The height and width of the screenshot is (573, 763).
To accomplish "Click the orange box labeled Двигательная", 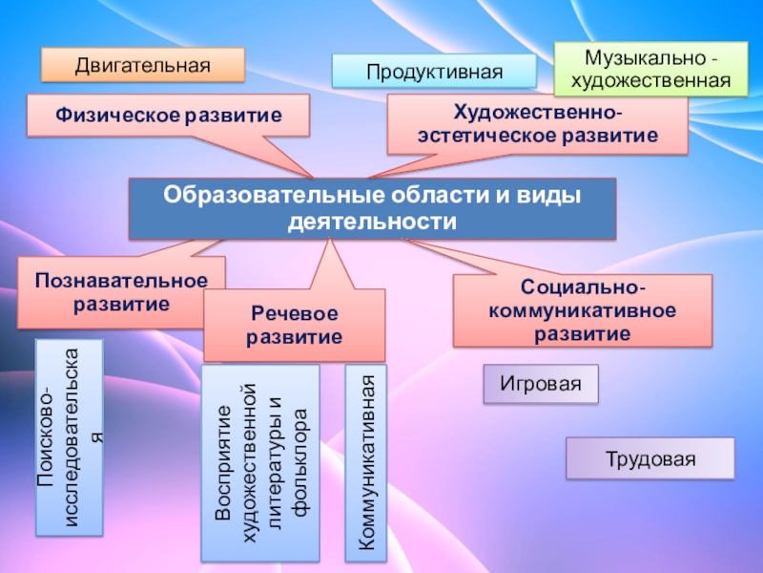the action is tap(142, 65).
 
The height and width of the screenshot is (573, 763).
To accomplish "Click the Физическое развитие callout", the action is tap(168, 115).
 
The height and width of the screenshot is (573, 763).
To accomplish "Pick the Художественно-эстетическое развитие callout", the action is tap(537, 124).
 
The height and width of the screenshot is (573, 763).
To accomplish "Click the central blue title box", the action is tap(372, 208).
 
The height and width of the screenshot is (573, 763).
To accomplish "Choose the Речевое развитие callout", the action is tap(295, 325).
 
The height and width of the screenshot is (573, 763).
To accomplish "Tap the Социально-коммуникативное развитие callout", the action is tap(582, 310).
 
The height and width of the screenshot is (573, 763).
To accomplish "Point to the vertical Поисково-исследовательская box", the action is tap(69, 436).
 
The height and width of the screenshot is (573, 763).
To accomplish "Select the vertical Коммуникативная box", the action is tap(365, 462).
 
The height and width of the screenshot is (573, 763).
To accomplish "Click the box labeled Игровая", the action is tap(540, 384).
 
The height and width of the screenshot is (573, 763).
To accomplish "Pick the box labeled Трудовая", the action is tap(650, 458).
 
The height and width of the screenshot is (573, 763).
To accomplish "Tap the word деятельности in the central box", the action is tap(372, 222).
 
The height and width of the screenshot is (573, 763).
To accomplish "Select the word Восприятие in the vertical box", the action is tap(225, 463).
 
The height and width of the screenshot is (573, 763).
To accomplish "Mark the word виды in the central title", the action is tap(552, 196).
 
